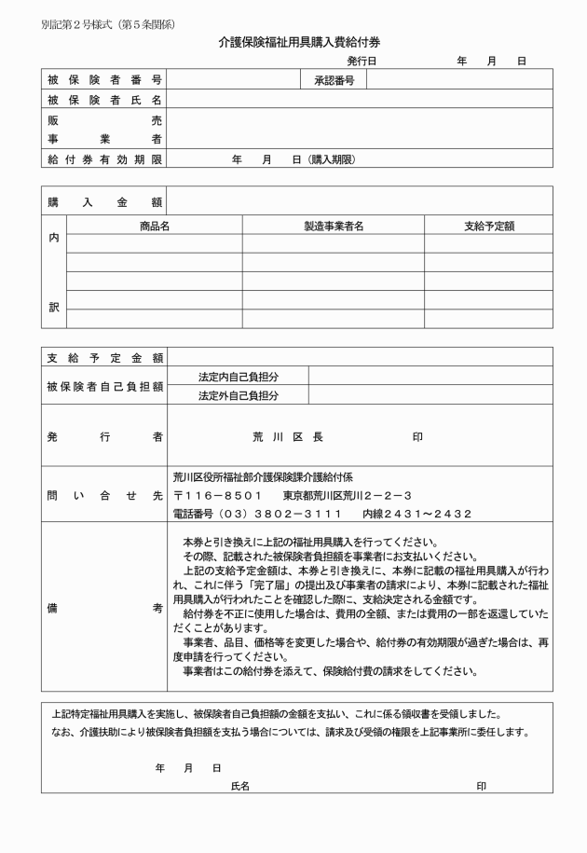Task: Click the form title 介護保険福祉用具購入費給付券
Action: tap(299, 42)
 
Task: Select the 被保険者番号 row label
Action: tap(104, 80)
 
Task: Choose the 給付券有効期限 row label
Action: tap(104, 159)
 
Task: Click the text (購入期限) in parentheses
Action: tap(333, 159)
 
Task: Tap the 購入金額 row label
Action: tap(104, 201)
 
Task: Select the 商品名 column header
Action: tap(154, 225)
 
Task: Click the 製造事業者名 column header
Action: tap(333, 225)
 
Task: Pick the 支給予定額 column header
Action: tap(488, 225)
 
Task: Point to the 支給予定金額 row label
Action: tap(104, 357)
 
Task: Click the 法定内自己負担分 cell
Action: tap(239, 377)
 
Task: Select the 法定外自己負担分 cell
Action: tap(239, 396)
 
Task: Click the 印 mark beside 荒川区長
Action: tap(417, 436)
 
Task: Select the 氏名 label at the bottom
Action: tap(240, 787)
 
